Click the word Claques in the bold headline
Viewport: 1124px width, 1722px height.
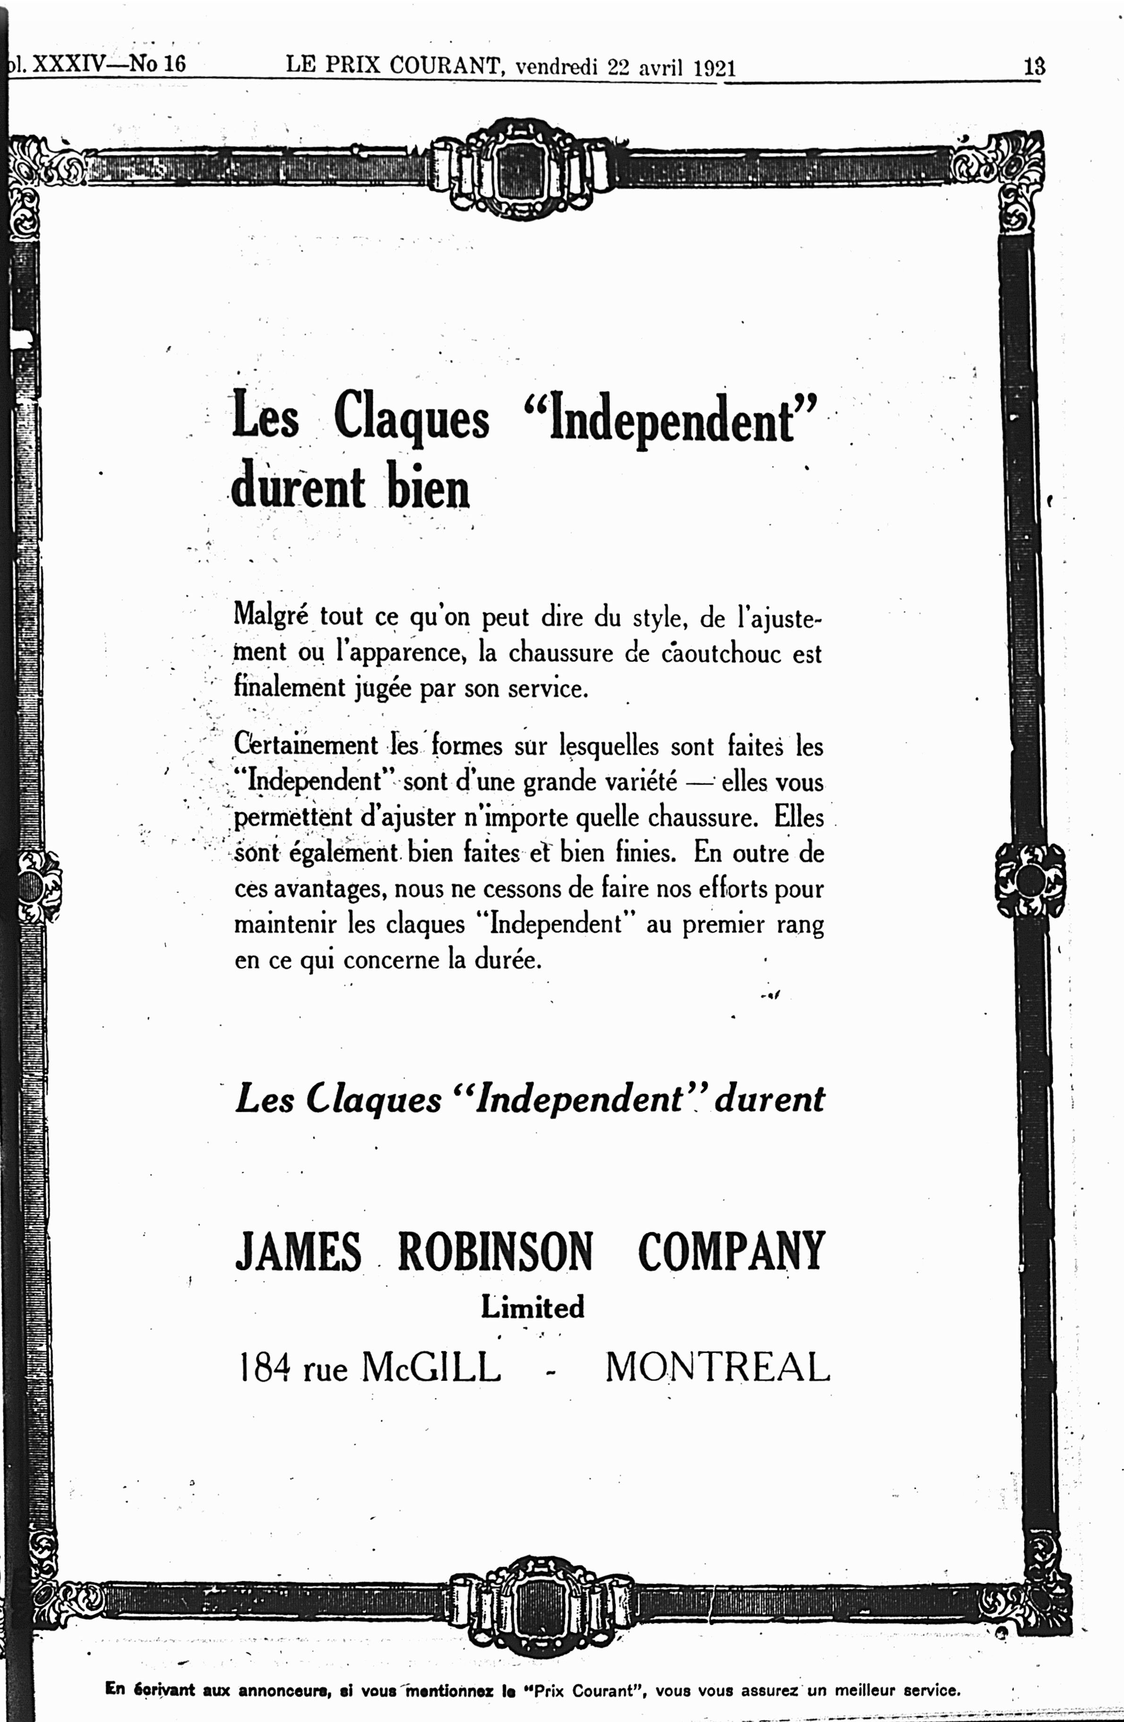pyautogui.click(x=412, y=420)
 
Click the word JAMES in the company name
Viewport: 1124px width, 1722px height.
pyautogui.click(x=298, y=1252)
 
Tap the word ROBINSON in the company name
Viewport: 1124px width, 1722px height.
pyautogui.click(x=496, y=1252)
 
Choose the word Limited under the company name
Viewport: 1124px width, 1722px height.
pyautogui.click(x=532, y=1307)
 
